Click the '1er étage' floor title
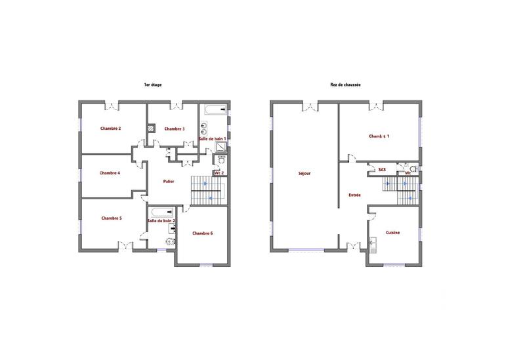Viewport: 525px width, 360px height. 153,85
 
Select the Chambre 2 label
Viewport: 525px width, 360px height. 110,129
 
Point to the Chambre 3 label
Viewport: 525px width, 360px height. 175,129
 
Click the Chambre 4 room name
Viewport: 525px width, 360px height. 110,173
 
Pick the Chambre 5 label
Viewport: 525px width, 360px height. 112,218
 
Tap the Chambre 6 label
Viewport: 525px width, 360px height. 203,233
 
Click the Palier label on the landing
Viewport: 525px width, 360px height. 168,181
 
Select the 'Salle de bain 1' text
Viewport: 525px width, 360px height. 213,139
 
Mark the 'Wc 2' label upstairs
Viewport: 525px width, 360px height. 219,173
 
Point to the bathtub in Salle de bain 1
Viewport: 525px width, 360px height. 214,110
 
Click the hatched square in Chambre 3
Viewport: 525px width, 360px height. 152,129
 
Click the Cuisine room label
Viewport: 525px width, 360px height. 393,233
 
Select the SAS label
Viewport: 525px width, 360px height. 382,169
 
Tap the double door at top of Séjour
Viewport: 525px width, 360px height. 309,105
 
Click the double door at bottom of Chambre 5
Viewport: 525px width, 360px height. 123,246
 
